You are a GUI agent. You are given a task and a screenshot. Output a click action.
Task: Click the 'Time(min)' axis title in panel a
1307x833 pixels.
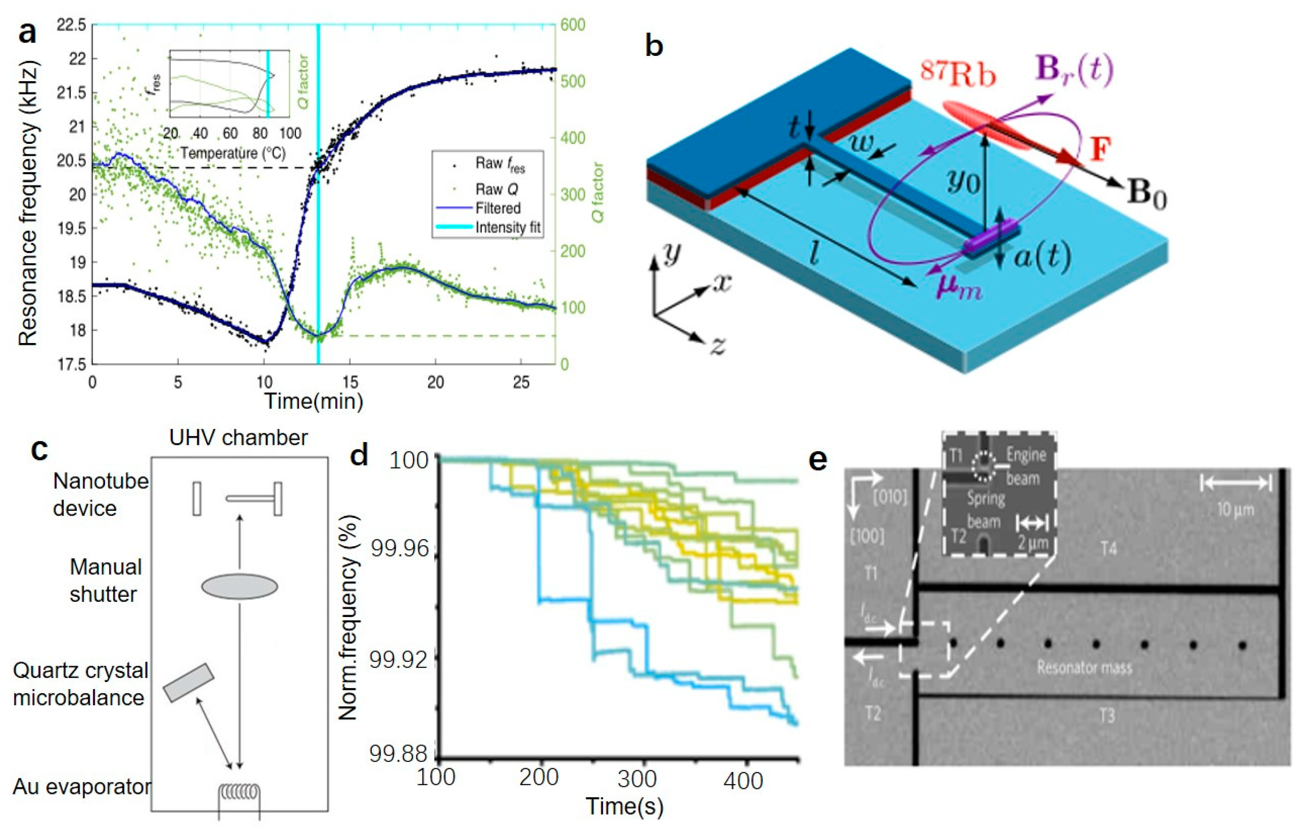tap(314, 401)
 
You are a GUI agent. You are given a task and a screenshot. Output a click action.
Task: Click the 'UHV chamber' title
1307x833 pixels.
tap(238, 437)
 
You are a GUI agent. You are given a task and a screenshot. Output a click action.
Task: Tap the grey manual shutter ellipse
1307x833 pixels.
tap(239, 587)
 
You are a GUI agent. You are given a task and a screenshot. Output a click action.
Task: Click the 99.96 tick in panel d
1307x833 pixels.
tap(399, 549)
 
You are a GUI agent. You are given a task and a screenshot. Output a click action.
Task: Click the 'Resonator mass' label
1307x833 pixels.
tap(1084, 667)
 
